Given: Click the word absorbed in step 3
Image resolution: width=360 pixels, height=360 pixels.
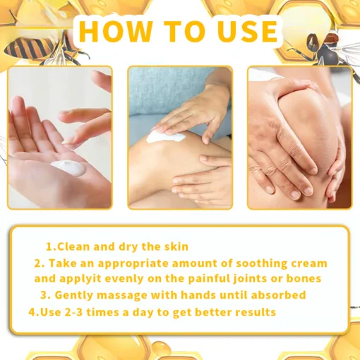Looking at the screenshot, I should click(x=277, y=294).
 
